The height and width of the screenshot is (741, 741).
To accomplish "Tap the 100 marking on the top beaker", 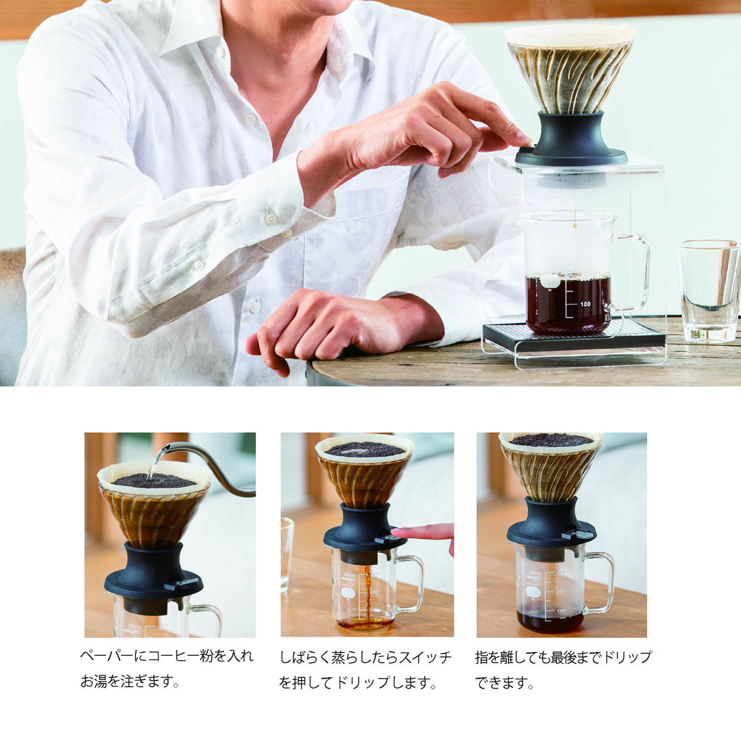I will point(585,304).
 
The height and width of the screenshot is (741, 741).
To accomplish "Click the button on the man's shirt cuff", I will point(270,216).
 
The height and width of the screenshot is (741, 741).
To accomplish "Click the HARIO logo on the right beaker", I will point(533,577).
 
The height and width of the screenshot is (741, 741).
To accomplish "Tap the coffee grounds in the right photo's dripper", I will point(550,440).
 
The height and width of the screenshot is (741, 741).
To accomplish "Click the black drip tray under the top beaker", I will point(574,337).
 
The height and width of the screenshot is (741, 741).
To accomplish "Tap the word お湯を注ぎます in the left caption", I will point(130,682).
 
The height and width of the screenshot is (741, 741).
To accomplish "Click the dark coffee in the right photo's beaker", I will point(550,621).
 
